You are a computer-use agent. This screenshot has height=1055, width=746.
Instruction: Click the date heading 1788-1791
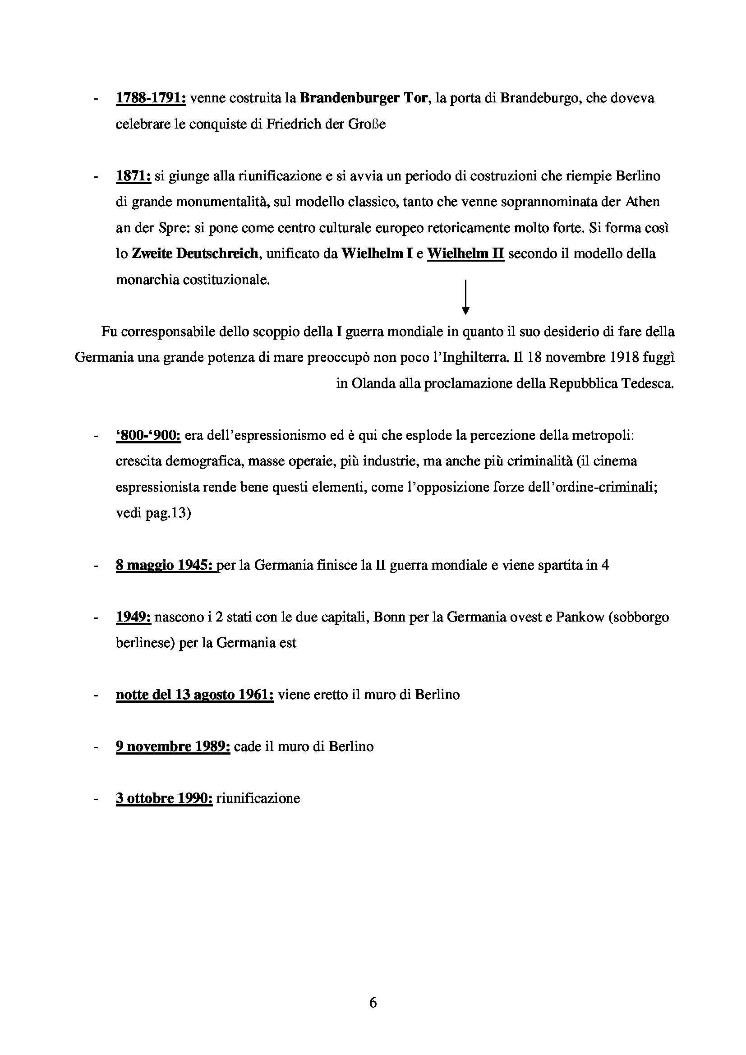point(151,98)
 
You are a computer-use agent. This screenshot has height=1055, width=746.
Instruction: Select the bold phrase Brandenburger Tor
point(364,98)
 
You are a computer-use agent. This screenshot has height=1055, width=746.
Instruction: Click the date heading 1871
point(133,176)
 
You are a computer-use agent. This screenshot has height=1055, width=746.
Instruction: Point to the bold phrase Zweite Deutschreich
point(195,253)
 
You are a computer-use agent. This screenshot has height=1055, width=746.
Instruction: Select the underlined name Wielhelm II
point(465,253)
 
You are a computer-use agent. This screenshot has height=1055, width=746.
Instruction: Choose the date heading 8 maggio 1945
point(166,565)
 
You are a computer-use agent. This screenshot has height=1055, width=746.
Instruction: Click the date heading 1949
point(133,617)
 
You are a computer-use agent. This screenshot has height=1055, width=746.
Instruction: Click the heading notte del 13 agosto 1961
point(195,695)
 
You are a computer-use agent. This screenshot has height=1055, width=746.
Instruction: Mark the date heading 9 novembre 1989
point(173,746)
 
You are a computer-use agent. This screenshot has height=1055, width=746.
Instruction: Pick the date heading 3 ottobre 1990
point(164,799)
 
